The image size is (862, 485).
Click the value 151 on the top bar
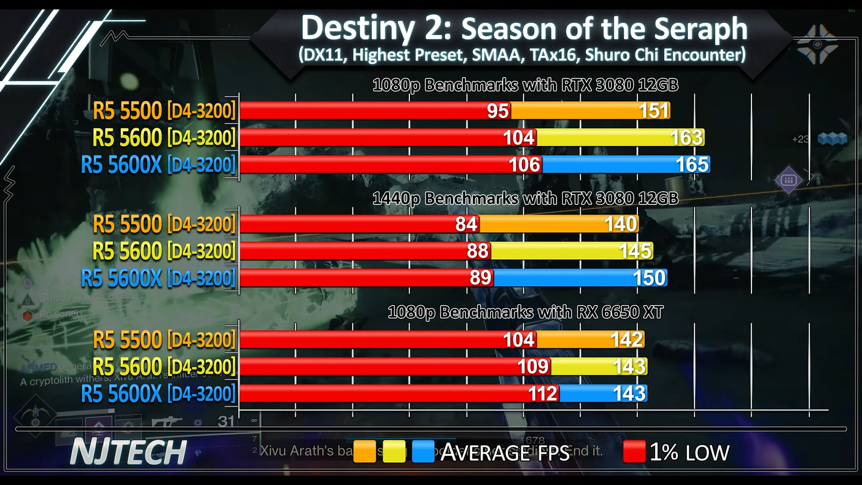[x=654, y=110]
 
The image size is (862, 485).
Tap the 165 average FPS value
[x=692, y=164]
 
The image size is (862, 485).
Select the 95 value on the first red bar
[x=497, y=110]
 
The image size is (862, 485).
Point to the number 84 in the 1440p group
[x=466, y=224]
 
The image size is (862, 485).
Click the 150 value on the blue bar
[x=649, y=278]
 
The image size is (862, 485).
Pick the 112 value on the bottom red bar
[x=543, y=394]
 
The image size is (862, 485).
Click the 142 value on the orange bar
[x=627, y=339]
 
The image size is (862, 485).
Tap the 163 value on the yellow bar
[x=686, y=137]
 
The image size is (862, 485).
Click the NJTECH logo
[x=128, y=452]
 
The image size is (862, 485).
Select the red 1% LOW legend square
[x=634, y=452]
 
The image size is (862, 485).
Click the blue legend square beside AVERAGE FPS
[x=423, y=452]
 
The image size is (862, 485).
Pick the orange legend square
[x=365, y=452]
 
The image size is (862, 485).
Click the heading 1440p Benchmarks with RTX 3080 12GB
[x=525, y=198]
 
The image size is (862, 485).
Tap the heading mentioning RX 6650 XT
[x=525, y=312]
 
